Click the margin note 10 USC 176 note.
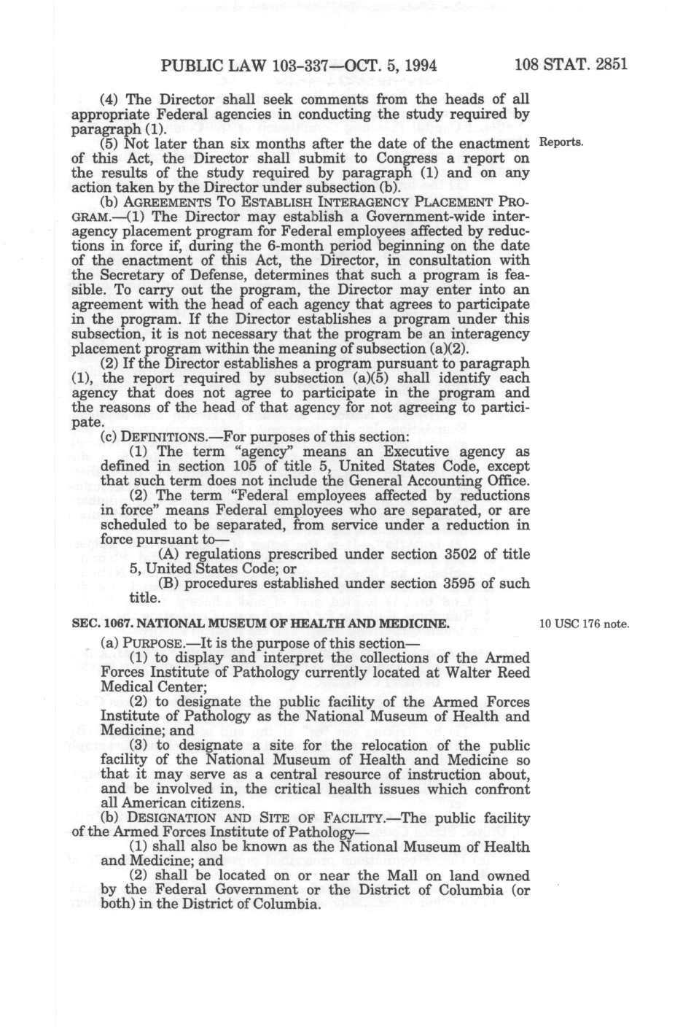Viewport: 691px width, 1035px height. [x=584, y=625]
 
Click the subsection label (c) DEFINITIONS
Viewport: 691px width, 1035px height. [x=152, y=437]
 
